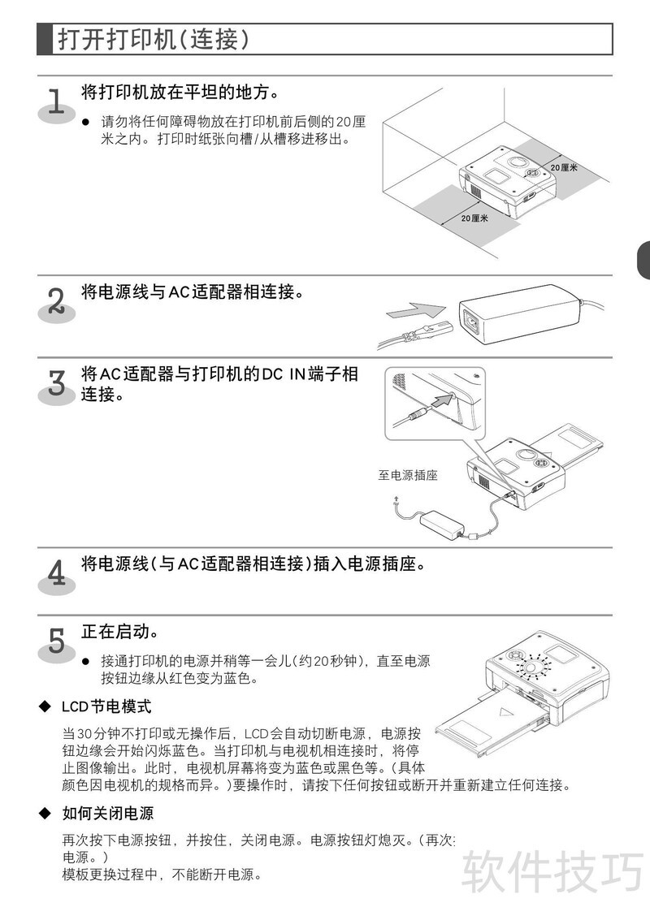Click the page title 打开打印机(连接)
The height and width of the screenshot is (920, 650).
[x=154, y=39]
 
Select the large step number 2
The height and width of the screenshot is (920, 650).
[x=56, y=301]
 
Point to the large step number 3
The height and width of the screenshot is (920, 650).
[x=56, y=383]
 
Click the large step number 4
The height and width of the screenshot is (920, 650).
[x=56, y=573]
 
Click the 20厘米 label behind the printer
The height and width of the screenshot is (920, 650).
[x=564, y=168]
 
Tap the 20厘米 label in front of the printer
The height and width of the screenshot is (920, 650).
[x=474, y=218]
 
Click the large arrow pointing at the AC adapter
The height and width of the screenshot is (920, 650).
[x=416, y=311]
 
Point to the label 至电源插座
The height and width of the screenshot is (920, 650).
[x=408, y=475]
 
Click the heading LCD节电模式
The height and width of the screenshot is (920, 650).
[x=106, y=706]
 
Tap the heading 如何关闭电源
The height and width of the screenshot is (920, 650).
[x=108, y=813]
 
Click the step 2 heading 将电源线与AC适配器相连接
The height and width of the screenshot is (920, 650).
[x=193, y=292]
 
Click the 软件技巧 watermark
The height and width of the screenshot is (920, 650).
[x=552, y=871]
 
